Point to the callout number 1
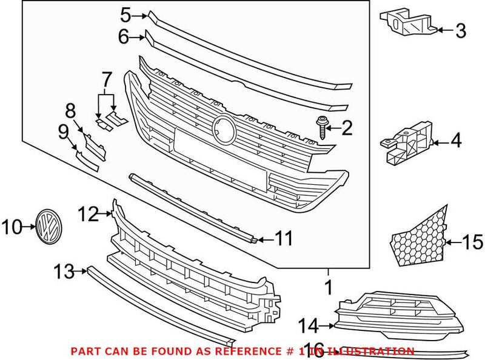329,287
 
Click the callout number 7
107,79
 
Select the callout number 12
89,213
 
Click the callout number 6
124,37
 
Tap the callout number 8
70,111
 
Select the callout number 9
63,130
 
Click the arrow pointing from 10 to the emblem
28,228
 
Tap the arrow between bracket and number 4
441,143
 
